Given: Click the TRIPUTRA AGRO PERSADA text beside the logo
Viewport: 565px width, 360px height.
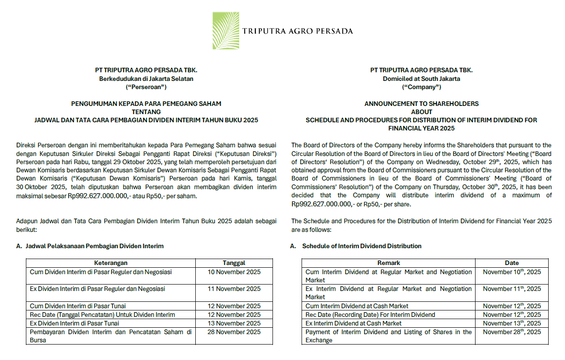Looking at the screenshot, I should tap(297, 31).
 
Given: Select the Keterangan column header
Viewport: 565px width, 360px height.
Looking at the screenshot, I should tap(110, 263).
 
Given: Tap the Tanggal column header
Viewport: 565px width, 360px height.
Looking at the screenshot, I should tap(234, 263).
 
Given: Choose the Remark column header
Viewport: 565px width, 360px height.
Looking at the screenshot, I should tap(388, 263).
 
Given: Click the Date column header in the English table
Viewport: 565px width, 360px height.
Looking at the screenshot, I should tap(511, 263).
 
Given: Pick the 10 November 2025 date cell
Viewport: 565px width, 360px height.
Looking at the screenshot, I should tap(234, 272).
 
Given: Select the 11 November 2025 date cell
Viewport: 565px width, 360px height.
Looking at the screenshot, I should tap(234, 289).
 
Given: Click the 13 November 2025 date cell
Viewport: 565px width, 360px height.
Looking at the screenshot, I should tap(234, 323).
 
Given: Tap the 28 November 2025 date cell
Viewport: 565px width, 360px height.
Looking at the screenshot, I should tap(234, 332).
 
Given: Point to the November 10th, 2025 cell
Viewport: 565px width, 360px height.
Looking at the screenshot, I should tap(512, 272).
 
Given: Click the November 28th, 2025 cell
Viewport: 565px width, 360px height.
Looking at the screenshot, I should tap(512, 332).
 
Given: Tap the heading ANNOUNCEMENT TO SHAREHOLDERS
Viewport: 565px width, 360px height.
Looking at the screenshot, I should tap(421, 104).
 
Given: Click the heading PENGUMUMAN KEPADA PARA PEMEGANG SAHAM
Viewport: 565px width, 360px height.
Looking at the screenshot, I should tap(146, 104).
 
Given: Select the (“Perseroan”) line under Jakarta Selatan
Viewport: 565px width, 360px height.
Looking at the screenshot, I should tap(146, 86).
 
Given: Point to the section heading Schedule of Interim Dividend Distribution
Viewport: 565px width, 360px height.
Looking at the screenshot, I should tap(362, 246).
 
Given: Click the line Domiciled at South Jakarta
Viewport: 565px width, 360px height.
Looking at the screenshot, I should tap(421, 79).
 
